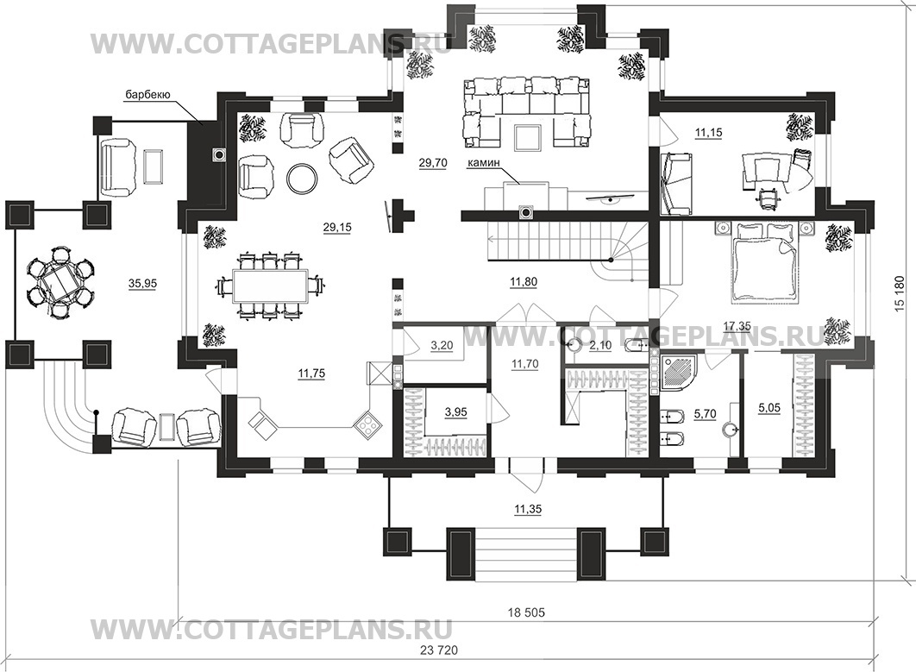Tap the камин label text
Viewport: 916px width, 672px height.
482,164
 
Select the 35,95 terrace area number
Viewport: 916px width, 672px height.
142,284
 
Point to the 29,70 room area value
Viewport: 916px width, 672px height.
433,163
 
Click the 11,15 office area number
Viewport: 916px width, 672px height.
708,133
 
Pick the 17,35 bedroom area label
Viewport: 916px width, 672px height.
737,328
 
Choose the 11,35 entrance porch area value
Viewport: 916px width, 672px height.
528,510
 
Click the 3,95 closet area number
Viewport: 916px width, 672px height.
455,412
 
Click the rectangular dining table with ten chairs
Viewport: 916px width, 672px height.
271,286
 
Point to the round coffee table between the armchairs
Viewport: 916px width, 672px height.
302,177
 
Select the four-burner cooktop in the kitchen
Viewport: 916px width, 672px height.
368,422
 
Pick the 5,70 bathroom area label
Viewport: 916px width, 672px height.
705,414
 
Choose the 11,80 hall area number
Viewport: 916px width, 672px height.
523,282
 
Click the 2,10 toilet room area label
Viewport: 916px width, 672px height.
600,346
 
